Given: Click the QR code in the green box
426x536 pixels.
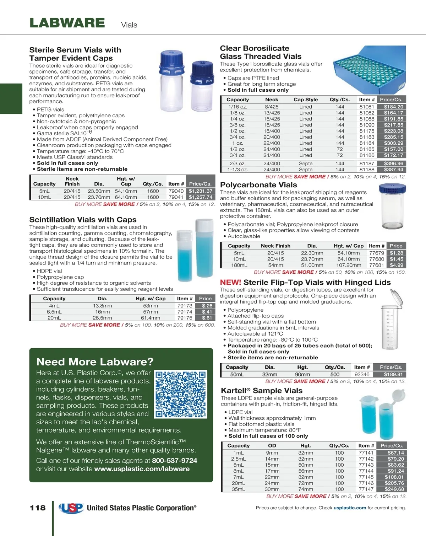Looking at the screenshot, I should (x=181, y=394).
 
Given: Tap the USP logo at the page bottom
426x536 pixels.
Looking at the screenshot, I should (x=71, y=508).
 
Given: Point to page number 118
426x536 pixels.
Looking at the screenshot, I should (x=38, y=508).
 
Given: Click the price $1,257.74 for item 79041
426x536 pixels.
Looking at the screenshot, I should (x=201, y=197).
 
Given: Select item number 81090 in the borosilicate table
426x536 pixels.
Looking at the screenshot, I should (x=367, y=125).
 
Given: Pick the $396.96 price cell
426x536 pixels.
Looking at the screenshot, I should (x=393, y=164).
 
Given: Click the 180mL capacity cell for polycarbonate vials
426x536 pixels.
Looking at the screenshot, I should (x=239, y=265).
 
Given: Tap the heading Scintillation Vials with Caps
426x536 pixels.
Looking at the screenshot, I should (x=83, y=220).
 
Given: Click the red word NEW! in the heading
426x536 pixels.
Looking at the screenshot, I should (x=230, y=283).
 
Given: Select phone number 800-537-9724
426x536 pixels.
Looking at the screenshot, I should (x=174, y=461).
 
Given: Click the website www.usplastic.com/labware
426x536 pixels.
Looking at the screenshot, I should (x=142, y=469).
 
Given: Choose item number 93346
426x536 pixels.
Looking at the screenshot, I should (x=362, y=374).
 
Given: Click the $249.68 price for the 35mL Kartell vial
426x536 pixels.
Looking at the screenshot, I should (x=394, y=489).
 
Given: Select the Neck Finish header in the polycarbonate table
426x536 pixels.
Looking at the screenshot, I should (x=275, y=246).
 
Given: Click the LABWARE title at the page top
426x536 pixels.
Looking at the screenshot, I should (x=67, y=23).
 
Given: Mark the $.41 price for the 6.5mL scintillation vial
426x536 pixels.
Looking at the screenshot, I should (x=207, y=312).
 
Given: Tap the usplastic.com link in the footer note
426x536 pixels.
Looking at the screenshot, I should (x=350, y=508).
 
